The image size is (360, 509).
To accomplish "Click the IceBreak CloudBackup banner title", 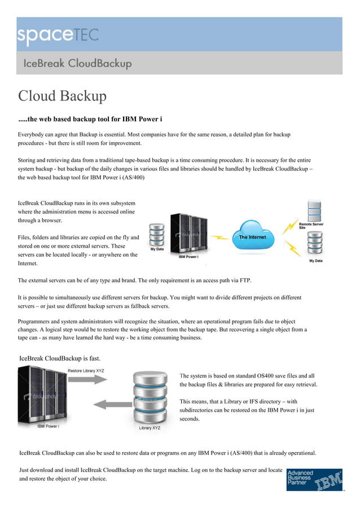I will click(x=77, y=63).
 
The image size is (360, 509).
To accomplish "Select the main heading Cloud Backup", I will click(x=62, y=96).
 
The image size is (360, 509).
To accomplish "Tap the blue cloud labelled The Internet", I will click(x=252, y=237).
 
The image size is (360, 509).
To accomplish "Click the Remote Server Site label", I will click(x=311, y=226).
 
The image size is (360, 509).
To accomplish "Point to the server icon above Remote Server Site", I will click(x=315, y=209).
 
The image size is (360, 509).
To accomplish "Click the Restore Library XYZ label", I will click(x=86, y=371).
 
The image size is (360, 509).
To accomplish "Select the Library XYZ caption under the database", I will click(x=150, y=428).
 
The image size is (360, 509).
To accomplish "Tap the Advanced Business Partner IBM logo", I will click(x=314, y=479).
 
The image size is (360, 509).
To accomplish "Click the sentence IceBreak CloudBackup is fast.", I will click(x=60, y=358).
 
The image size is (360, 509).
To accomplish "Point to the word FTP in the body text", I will click(x=244, y=280).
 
